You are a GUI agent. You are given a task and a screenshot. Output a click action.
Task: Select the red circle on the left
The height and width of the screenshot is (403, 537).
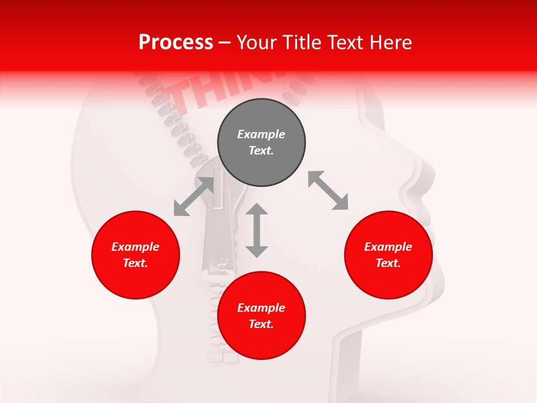[x=135, y=255]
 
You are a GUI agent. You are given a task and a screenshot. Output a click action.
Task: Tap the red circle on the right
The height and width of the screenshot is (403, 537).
[x=388, y=255]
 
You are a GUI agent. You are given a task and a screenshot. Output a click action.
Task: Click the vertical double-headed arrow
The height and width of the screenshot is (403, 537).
[x=257, y=230]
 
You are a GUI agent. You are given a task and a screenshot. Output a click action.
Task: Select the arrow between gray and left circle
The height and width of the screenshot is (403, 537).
[x=194, y=196]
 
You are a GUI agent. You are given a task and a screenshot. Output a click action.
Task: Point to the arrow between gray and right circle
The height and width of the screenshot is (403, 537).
[x=328, y=191]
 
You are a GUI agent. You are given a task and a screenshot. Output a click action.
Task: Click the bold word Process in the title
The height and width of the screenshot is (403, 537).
[x=176, y=42]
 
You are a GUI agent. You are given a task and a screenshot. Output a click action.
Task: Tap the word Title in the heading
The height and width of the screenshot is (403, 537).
[x=302, y=42]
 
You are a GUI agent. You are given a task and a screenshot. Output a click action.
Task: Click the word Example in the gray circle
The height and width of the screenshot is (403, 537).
[x=261, y=134]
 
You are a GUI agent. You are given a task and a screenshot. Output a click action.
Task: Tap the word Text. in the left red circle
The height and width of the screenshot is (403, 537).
[x=135, y=263]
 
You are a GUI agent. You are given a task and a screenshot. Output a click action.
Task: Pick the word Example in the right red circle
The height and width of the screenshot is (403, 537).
[x=388, y=247]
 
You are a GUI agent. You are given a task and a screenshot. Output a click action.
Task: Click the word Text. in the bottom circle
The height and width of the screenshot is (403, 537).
[x=261, y=324]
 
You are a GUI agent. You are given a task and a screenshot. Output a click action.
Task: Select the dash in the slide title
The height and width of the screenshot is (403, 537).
[x=225, y=43]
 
